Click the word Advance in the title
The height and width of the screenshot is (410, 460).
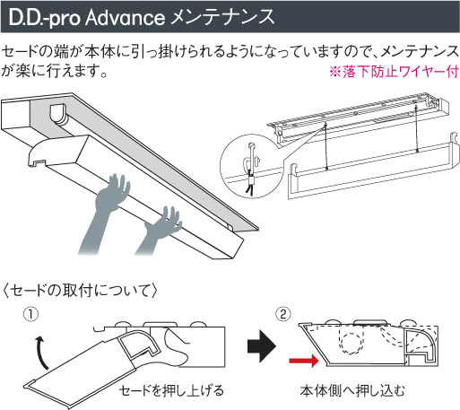point(125,18)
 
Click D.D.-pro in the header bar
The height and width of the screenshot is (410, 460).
point(45,19)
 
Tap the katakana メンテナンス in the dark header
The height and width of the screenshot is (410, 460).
point(222,17)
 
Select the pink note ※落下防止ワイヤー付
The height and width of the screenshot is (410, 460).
point(394,72)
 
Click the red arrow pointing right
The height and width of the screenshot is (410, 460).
point(304,361)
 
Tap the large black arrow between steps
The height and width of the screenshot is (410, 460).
point(262,346)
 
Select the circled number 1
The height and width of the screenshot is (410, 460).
point(31,315)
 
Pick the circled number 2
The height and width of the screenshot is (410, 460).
point(283,315)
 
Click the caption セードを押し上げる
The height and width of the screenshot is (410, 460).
point(171,390)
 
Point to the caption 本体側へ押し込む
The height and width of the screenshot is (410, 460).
point(352,390)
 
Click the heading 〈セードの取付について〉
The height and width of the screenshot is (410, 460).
point(80,290)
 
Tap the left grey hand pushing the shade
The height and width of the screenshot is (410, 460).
point(105,213)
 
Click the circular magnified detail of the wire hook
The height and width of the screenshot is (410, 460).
point(251,166)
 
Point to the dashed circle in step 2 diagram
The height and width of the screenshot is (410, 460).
point(352,343)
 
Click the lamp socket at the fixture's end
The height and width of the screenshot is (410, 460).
point(58,115)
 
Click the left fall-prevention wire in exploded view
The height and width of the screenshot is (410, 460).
point(325,146)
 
